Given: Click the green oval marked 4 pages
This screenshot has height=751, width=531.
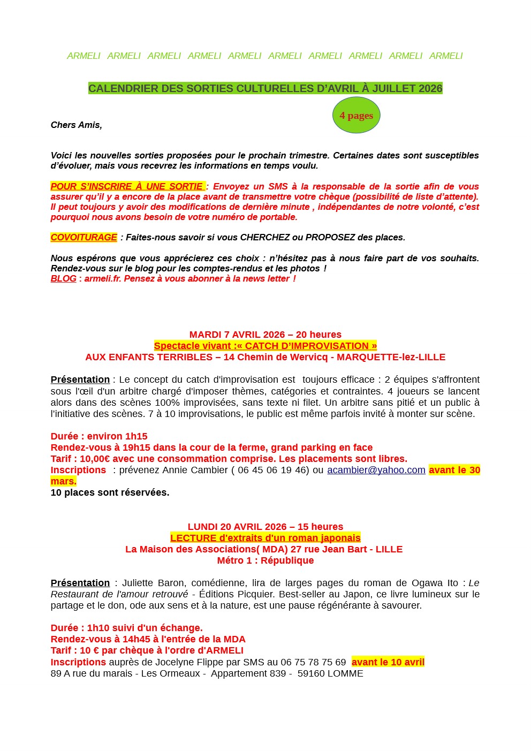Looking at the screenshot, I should [x=356, y=115].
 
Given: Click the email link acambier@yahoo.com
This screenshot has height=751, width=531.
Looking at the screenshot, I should [x=376, y=470].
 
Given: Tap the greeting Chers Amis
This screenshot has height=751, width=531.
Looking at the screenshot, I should [x=76, y=125].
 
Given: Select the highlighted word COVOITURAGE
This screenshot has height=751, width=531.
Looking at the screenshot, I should [x=84, y=237].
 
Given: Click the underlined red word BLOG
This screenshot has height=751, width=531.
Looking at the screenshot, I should [x=63, y=278].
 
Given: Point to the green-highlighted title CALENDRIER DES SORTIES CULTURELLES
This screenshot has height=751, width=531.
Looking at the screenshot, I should [x=265, y=88].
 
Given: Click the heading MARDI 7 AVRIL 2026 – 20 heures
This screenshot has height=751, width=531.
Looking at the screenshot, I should [x=265, y=335].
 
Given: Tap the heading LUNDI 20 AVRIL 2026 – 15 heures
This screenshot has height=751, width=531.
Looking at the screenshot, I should [x=265, y=527].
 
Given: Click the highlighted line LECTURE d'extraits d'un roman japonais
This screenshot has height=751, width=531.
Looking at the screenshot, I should [x=265, y=538].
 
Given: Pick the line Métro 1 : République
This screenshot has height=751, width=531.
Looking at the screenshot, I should [x=265, y=560].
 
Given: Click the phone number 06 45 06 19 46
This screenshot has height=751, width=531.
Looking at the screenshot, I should [x=273, y=470].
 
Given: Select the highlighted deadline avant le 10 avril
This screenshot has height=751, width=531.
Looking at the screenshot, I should [x=388, y=662].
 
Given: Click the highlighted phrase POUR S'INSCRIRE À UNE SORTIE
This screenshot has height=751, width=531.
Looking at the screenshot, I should [x=127, y=186].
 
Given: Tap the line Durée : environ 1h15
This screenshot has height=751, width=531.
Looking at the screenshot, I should [x=99, y=436].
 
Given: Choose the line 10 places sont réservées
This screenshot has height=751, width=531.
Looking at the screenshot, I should [x=110, y=492].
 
